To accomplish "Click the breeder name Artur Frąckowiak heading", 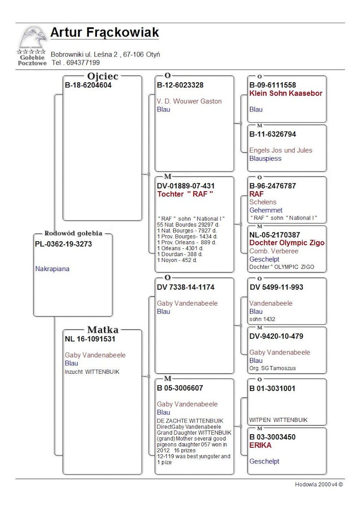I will [x=104, y=32].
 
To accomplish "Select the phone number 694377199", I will [x=83, y=63].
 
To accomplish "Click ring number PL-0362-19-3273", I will [x=63, y=244].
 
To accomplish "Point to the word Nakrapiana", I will [x=52, y=269].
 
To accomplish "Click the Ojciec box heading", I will [x=103, y=76].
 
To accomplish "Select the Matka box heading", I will [x=103, y=330].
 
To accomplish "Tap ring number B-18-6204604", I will [x=88, y=85].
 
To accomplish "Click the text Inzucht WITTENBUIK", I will [x=92, y=372].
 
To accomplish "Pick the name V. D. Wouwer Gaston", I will [x=189, y=101].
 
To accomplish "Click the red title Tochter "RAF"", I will [x=185, y=194].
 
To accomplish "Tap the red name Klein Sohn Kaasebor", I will [x=286, y=93].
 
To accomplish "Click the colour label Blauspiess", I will [x=265, y=158].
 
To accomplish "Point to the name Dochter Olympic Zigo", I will [x=287, y=243].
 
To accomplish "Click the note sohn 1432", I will [x=262, y=319].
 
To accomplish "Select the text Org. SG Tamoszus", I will [x=273, y=368].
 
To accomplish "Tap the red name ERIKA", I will [x=260, y=445].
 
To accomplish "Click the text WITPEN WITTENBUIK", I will [x=278, y=420].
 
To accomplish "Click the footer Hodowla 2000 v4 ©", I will [x=319, y=484].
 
